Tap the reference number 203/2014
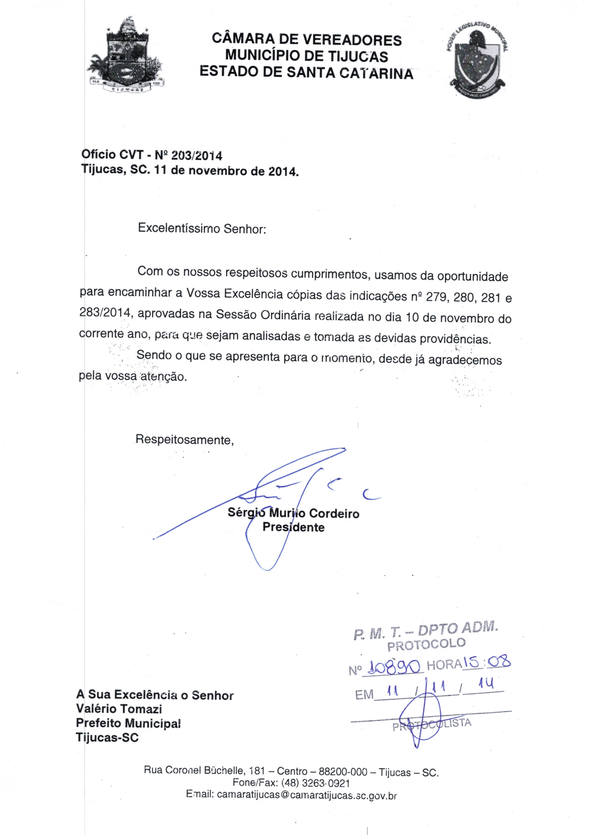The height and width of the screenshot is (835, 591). [x=197, y=156]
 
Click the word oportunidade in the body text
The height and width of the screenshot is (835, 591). [x=472, y=277]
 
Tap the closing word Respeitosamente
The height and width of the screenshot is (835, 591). [x=184, y=440]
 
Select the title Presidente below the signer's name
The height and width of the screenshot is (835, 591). [x=293, y=527]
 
